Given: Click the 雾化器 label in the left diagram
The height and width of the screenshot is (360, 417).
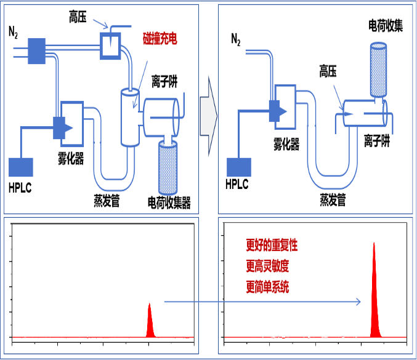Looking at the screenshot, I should click(72, 158).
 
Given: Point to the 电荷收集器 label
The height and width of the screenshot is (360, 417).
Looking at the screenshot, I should click(169, 202).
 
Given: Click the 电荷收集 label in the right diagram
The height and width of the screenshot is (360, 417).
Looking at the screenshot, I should click(386, 26).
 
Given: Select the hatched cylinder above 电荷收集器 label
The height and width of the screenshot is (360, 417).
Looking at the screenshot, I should click(168, 166).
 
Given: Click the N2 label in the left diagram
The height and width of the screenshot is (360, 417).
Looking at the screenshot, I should click(13, 31).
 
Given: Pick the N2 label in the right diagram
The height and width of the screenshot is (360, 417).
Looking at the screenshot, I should click(236, 41).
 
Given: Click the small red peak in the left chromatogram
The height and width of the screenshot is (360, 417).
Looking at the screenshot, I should click(149, 321).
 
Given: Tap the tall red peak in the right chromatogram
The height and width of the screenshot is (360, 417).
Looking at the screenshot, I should click(374, 292).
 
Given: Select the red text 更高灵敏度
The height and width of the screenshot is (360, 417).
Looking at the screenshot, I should click(267, 266).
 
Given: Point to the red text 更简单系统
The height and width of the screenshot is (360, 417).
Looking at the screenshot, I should click(267, 287).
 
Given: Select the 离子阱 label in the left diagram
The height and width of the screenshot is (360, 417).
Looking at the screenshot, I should click(164, 82).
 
